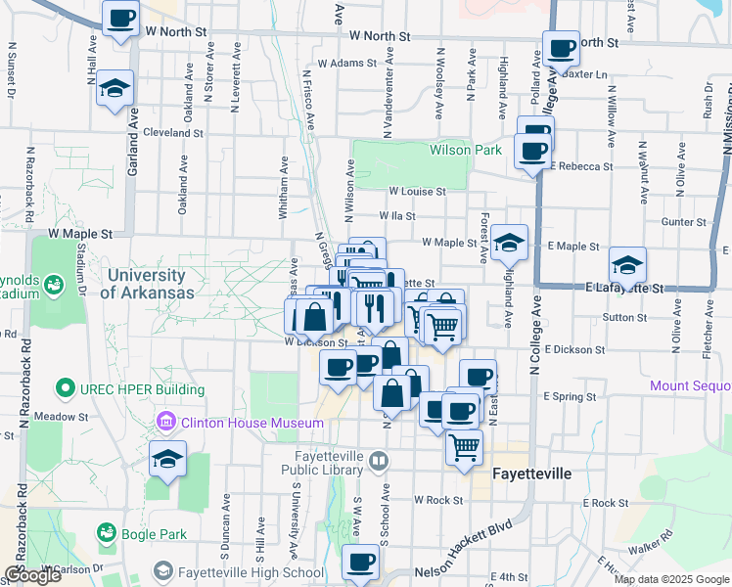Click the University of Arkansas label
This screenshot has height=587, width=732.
coord(146,284)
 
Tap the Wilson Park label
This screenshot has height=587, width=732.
coord(465,150)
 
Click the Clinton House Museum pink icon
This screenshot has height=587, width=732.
coord(165,423)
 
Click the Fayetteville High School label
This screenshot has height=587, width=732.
coord(252,572)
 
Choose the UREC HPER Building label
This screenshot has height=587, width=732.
coord(144,389)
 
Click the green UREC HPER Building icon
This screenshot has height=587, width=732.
coord(66,388)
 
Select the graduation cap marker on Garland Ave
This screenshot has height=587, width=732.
coord(115,88)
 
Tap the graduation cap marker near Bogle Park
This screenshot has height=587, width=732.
coord(167,458)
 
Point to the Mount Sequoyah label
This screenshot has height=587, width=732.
coord(691,386)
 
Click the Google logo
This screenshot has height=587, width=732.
coord(32,575)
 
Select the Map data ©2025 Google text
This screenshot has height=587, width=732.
coord(670,579)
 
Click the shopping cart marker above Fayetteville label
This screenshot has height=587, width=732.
coord(464,448)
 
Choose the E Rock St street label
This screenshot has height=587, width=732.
coord(605,503)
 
